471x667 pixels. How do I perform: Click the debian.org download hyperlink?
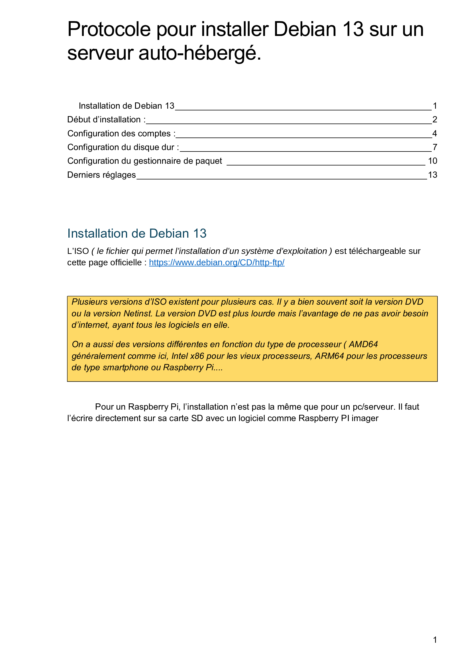tap(217, 263)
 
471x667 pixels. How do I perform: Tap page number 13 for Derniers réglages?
tap(433, 175)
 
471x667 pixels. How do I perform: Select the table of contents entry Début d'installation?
tap(106, 120)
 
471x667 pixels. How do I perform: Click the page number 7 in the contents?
tap(435, 147)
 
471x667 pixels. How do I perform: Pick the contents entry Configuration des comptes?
tap(121, 134)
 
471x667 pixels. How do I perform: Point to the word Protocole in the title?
tap(109, 30)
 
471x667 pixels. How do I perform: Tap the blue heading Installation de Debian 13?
tap(137, 234)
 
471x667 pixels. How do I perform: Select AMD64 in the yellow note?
tap(363, 345)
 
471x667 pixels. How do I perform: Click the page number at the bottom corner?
tap(435, 640)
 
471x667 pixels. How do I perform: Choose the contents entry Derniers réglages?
tap(101, 175)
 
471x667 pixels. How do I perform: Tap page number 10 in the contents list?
tap(433, 161)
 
